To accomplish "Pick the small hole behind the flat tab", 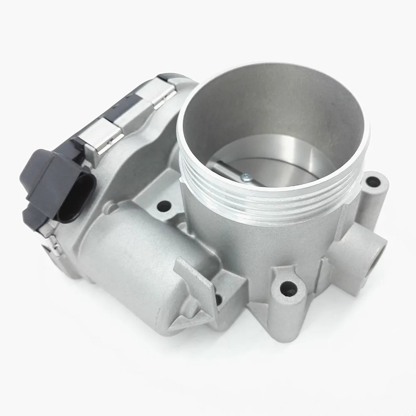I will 218,298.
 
